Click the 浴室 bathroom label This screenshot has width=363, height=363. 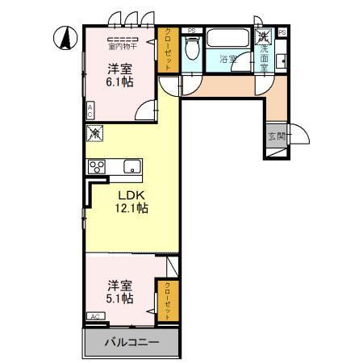[x=227, y=59]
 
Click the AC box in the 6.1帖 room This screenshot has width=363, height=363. [x=90, y=111]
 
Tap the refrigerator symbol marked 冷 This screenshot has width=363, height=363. [x=94, y=135]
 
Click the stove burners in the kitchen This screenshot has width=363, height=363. [x=98, y=167]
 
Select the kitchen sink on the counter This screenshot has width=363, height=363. [x=131, y=167]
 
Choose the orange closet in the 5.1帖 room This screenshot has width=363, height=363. [x=169, y=299]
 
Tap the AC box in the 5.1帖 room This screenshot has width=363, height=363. [x=95, y=316]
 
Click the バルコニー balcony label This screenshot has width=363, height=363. [x=131, y=343]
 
